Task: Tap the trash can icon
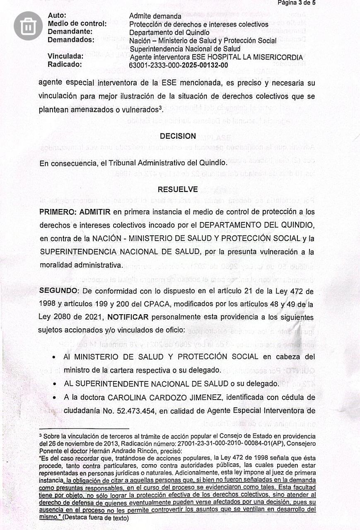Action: click(x=29, y=26)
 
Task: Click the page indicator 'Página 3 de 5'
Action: click(x=299, y=3)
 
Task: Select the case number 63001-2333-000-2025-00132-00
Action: click(x=179, y=65)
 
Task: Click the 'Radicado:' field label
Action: click(x=65, y=65)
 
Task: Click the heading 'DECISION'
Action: click(x=178, y=136)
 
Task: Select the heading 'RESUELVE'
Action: click(x=178, y=190)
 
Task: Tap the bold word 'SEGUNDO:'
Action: click(x=59, y=291)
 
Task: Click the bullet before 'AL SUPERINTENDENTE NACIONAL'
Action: click(x=55, y=384)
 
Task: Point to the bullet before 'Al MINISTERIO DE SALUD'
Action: click(x=55, y=357)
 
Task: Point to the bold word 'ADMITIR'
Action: click(x=95, y=212)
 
